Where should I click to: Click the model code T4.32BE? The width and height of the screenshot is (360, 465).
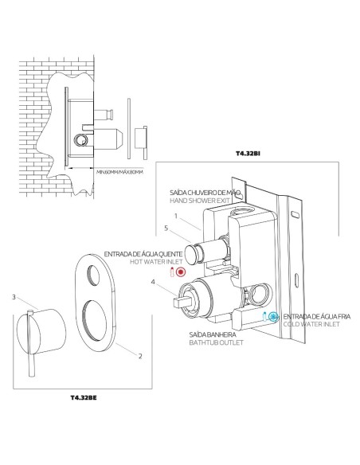(85, 395)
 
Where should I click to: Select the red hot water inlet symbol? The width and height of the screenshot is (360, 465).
(180, 272)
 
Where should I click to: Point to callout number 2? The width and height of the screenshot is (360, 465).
(140, 355)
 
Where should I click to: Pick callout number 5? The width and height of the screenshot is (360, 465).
(166, 229)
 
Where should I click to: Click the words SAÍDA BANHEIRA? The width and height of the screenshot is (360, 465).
(210, 333)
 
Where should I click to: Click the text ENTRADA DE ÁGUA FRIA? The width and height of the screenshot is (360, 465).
(313, 316)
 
